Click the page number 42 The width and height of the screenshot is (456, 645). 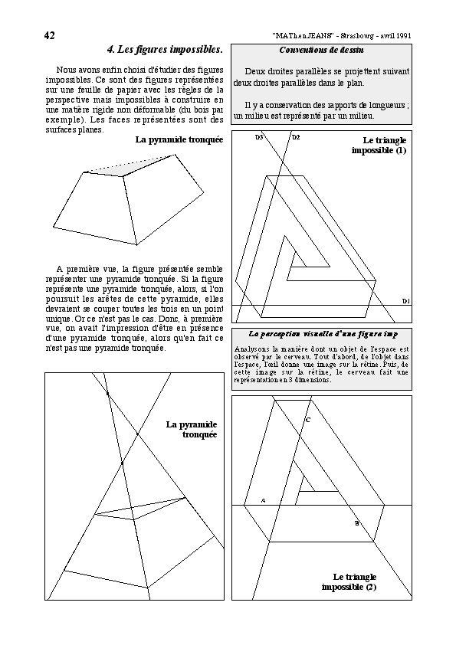[49, 36]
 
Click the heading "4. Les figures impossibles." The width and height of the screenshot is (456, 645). [165, 50]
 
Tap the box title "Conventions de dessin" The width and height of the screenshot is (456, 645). [321, 51]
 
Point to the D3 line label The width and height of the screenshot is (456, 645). [259, 137]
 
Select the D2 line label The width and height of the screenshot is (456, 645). [296, 137]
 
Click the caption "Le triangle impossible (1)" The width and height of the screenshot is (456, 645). [379, 146]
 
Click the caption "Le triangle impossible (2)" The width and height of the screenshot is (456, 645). [349, 582]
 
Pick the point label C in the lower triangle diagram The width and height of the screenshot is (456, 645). [308, 420]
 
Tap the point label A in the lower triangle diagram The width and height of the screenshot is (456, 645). [264, 501]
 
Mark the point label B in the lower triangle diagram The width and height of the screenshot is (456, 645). [357, 524]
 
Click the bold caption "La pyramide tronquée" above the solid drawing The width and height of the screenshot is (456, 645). [179, 140]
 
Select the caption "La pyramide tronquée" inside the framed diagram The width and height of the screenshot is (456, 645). [192, 430]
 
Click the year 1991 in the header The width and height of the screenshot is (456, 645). [404, 36]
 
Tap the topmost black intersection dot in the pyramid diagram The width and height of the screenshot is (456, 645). [107, 394]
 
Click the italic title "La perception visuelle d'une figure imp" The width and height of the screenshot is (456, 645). [323, 334]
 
